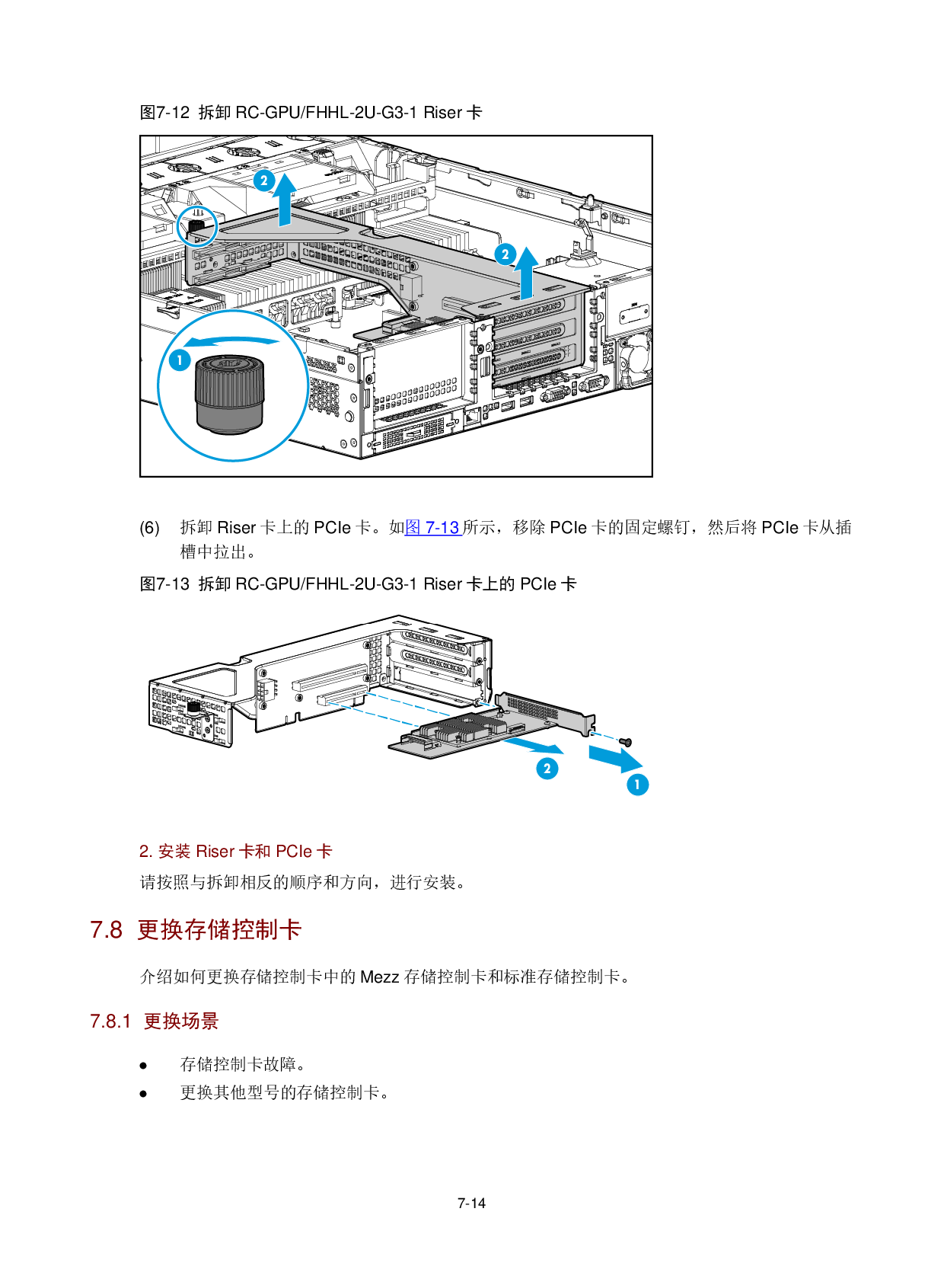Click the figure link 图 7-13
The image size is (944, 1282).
432,527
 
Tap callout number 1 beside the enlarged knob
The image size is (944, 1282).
180,360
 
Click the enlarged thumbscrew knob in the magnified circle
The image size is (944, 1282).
229,394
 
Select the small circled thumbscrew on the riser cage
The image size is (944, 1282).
196,226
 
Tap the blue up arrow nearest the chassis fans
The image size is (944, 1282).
285,200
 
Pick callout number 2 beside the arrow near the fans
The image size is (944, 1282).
264,181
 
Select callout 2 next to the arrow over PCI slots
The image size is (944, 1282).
505,254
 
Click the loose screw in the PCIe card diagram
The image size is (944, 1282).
626,741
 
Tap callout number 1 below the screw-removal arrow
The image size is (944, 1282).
637,784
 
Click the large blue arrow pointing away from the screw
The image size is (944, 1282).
616,759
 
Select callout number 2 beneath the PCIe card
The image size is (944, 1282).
547,769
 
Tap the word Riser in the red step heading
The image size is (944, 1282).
215,852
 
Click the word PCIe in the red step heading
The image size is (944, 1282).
294,852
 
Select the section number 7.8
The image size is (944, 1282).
106,930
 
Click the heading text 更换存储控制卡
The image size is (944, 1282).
219,930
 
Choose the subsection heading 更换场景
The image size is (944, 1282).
181,1021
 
